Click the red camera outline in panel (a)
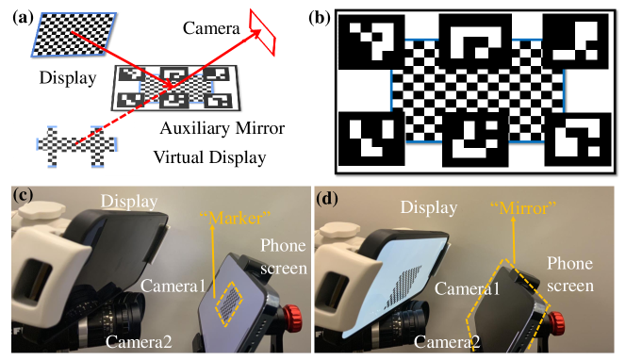262,31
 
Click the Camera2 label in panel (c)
138,340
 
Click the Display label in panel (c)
132,202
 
